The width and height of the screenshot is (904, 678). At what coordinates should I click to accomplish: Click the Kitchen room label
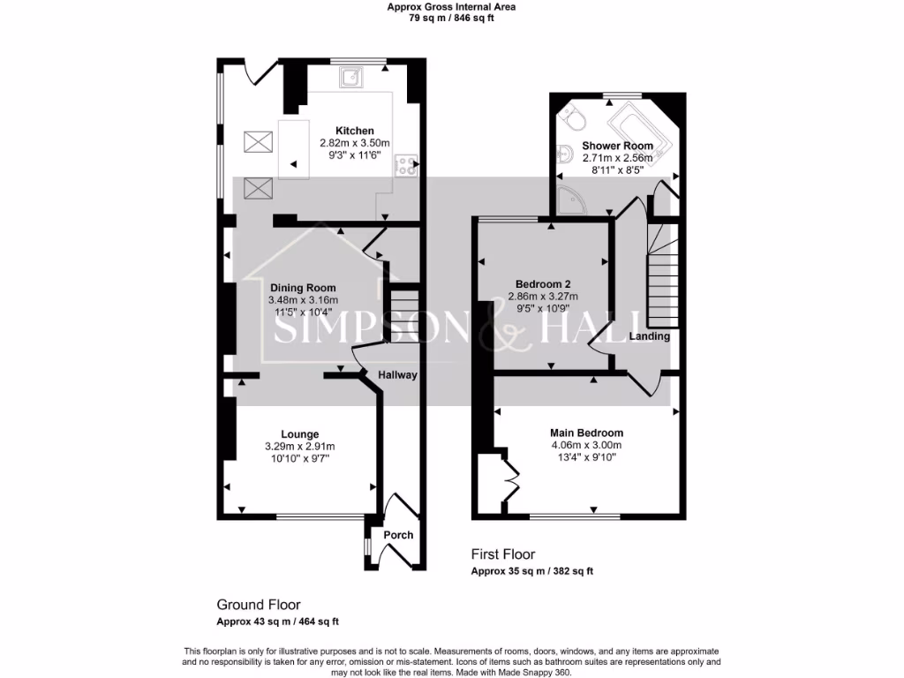(354, 131)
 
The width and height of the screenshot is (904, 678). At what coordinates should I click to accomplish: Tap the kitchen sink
(352, 78)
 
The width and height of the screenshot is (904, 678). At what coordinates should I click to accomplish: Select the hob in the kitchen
(405, 164)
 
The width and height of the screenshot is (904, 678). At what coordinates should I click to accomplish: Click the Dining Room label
(303, 288)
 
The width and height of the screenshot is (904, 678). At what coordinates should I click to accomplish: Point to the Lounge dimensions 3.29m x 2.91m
(300, 447)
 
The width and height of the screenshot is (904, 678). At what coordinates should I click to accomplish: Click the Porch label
(398, 535)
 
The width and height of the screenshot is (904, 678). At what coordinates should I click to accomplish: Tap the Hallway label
(397, 375)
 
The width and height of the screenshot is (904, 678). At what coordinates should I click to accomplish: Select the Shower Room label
(617, 146)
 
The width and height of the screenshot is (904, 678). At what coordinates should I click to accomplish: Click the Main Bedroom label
(586, 433)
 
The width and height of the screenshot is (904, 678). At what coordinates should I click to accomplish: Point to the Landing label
(650, 336)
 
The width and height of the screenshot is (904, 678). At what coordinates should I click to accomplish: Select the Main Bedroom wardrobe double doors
(509, 478)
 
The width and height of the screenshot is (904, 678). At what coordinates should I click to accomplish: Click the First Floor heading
(502, 554)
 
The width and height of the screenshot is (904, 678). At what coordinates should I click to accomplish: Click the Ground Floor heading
(259, 605)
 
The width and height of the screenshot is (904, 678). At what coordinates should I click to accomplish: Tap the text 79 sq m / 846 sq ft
(452, 18)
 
